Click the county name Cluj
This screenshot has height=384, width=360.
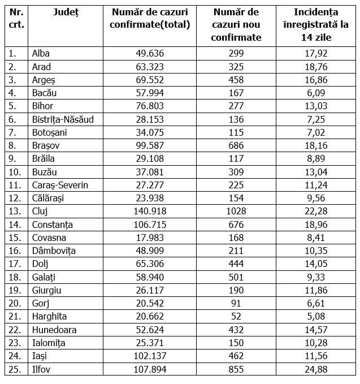tap(40, 211)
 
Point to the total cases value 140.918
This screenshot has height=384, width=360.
tap(150, 211)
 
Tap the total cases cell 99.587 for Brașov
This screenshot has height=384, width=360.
tap(150, 145)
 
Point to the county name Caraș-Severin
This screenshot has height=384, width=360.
tap(60, 185)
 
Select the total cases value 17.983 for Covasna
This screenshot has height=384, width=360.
tap(150, 238)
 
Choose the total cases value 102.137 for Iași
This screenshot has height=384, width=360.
tap(150, 356)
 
